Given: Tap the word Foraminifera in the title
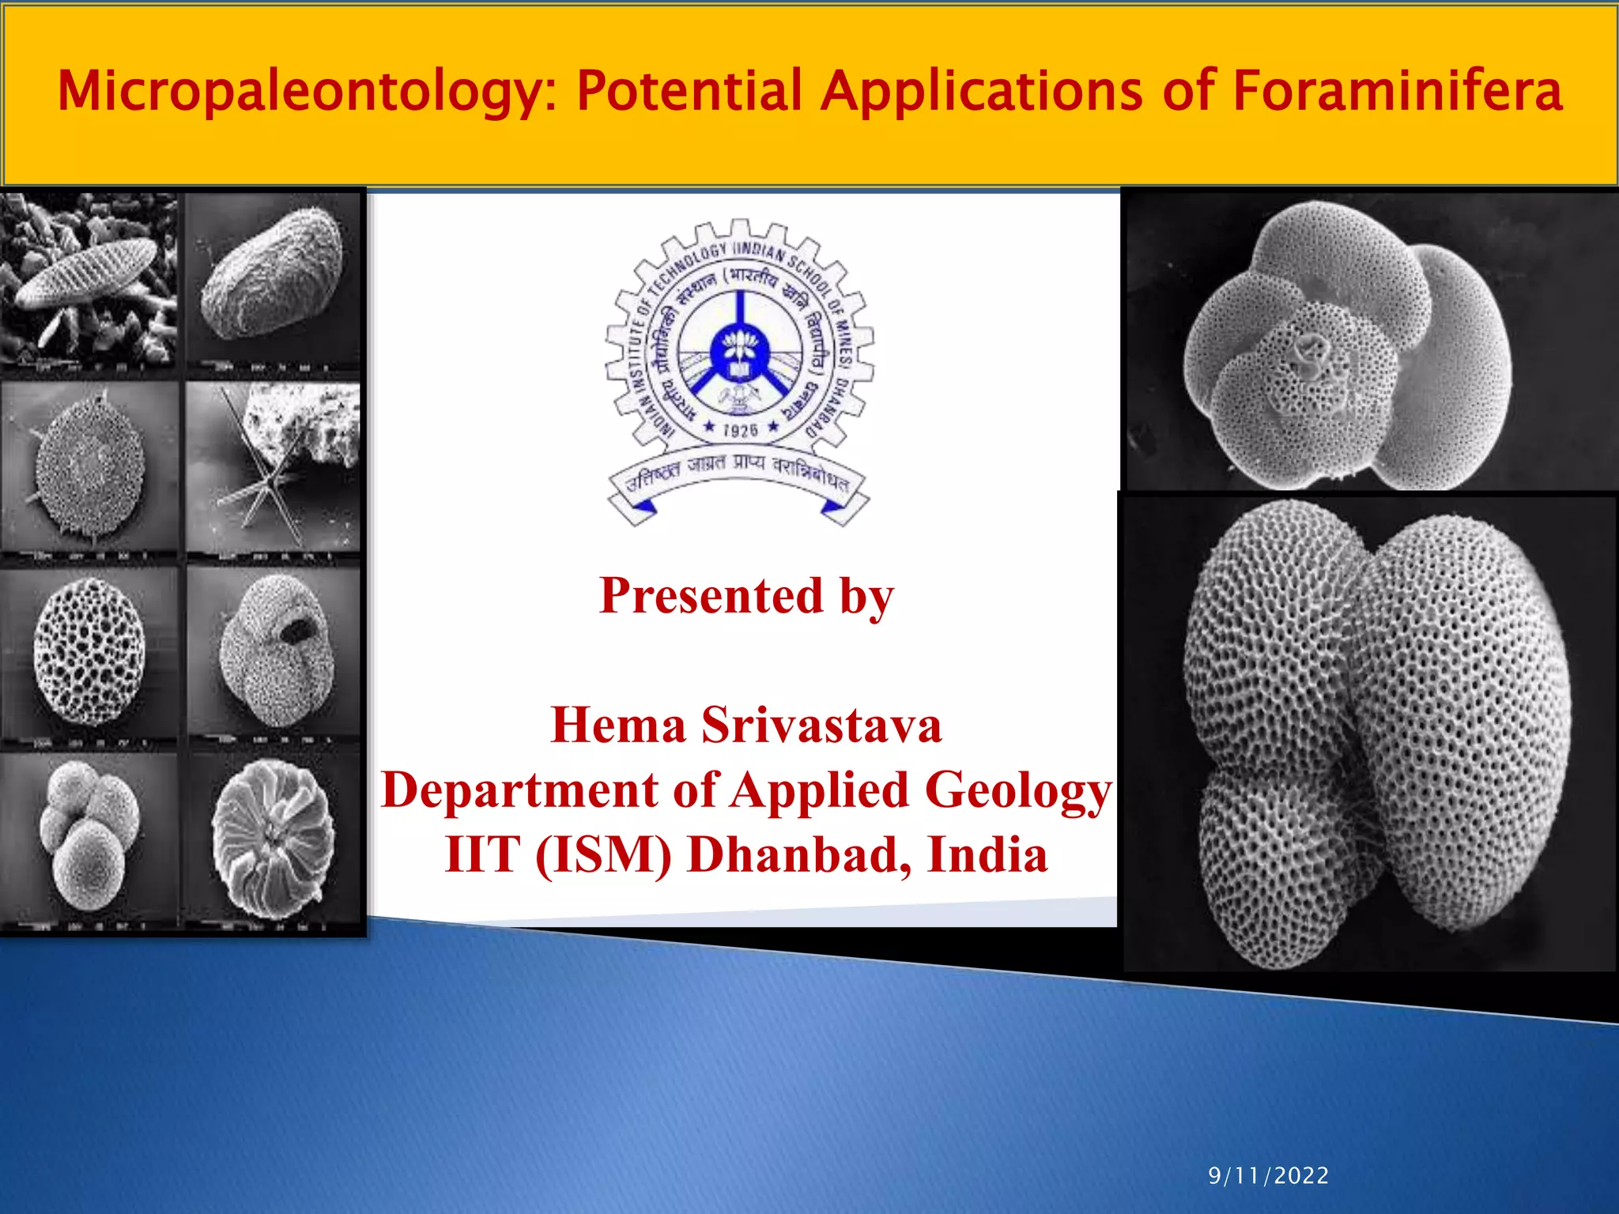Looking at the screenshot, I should pyautogui.click(x=1397, y=90).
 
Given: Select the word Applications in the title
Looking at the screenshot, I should pyautogui.click(x=981, y=92).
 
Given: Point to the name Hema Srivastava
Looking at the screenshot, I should pyautogui.click(x=746, y=725).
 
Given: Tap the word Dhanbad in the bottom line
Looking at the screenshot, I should pyautogui.click(x=799, y=855).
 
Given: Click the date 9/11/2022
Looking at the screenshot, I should pyautogui.click(x=1268, y=1175).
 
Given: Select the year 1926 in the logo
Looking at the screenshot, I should pyautogui.click(x=740, y=430).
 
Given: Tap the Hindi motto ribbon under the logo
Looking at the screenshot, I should pyautogui.click(x=738, y=478).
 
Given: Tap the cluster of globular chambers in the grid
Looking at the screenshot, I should pyautogui.click(x=89, y=835).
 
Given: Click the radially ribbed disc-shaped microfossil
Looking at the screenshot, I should pyautogui.click(x=273, y=838).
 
